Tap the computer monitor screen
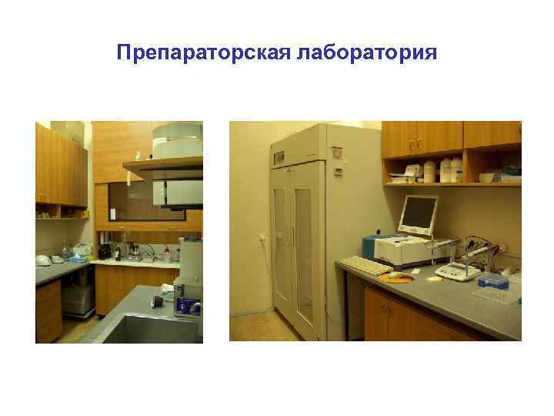[418, 213]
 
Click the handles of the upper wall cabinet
[414, 143]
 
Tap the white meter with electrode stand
[458, 268]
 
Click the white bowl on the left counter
[45, 259]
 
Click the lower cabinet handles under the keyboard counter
[385, 311]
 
